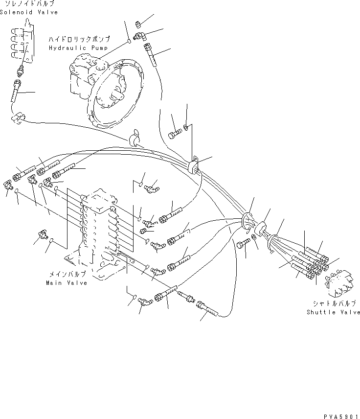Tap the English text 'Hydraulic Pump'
74,48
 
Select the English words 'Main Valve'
67,283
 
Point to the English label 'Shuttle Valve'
333,312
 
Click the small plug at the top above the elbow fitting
138,23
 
